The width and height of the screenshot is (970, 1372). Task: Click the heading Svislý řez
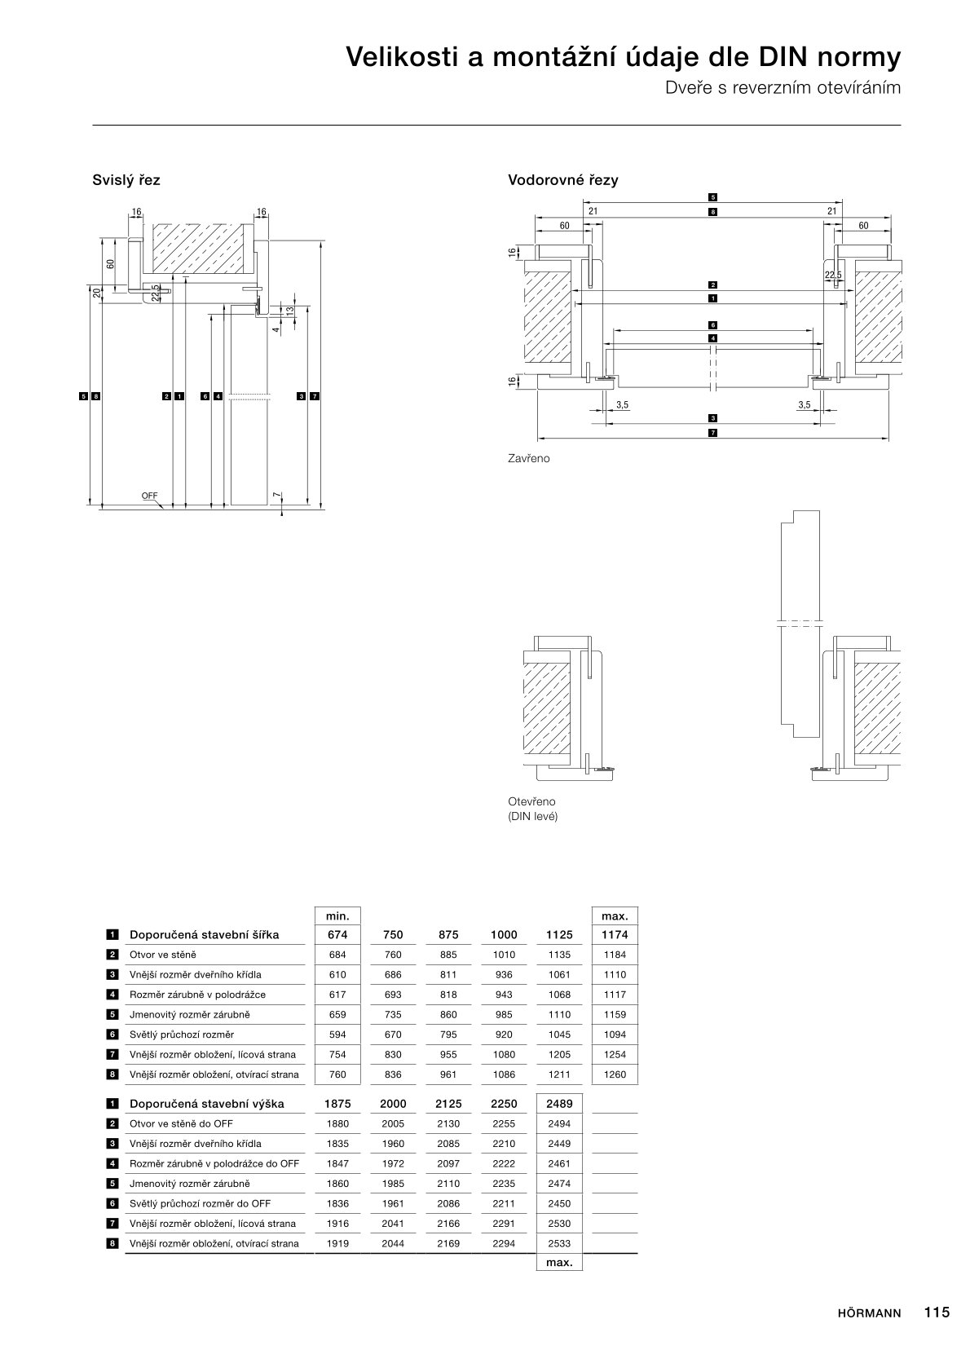pos(126,179)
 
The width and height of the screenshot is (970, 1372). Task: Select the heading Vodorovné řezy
pos(562,179)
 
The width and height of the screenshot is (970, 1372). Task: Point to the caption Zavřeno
pos(529,458)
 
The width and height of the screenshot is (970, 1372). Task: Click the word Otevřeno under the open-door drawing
pos(531,801)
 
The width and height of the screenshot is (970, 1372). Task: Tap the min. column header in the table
pos(337,916)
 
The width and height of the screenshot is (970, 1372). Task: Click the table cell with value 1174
pos(615,935)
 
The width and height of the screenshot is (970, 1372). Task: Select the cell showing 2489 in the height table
pos(559,1104)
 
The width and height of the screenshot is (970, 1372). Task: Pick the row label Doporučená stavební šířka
pos(204,935)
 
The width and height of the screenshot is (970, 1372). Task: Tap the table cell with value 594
pos(337,1035)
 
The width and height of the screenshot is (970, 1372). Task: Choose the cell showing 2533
pos(559,1243)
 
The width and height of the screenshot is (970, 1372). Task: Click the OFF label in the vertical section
pos(149,496)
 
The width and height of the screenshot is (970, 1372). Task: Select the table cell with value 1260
pos(615,1074)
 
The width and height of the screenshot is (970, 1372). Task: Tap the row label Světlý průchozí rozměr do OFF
pos(200,1203)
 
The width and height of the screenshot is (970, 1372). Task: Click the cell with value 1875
pos(337,1104)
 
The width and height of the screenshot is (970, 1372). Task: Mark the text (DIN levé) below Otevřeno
pos(533,816)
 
